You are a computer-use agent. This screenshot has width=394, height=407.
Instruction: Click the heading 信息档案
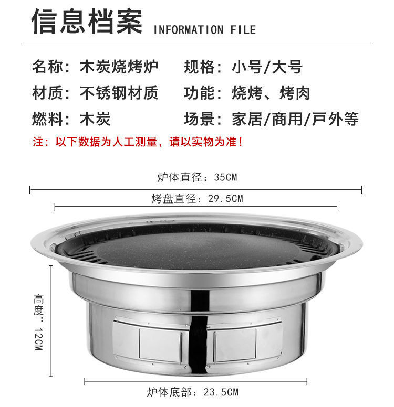(x=87, y=22)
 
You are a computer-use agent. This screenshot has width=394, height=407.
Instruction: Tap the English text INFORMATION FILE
(x=205, y=29)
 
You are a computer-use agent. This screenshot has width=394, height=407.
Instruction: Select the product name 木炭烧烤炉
(x=119, y=67)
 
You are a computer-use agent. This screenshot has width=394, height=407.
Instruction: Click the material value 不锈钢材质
(x=119, y=93)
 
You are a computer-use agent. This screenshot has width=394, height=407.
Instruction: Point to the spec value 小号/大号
(x=267, y=67)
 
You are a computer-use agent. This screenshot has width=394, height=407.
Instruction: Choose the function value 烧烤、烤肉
(x=271, y=93)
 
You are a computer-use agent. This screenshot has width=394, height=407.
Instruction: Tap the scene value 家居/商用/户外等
(x=295, y=119)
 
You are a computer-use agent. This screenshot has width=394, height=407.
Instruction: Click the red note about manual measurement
(x=138, y=142)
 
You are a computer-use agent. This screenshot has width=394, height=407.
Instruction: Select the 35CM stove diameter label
(x=197, y=177)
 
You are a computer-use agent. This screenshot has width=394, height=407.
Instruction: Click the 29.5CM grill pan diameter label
(x=197, y=199)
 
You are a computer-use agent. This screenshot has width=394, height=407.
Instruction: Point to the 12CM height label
(x=38, y=322)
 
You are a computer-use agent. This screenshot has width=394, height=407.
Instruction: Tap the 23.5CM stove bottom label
(x=193, y=392)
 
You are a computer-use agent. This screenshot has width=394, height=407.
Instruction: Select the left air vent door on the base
(x=150, y=342)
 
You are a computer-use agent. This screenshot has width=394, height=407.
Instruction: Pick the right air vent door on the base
(x=244, y=342)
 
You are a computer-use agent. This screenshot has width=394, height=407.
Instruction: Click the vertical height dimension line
(x=50, y=321)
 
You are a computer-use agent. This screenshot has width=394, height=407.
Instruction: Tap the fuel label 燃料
(x=47, y=119)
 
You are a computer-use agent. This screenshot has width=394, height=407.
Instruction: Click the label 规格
(x=199, y=67)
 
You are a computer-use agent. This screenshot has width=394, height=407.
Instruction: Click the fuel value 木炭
(x=95, y=119)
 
